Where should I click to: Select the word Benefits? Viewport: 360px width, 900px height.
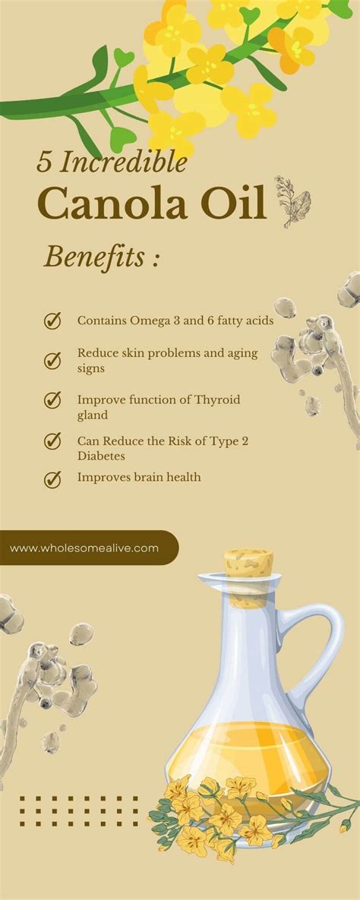pyautogui.click(x=94, y=257)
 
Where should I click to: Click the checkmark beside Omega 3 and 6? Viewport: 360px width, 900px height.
pyautogui.click(x=52, y=321)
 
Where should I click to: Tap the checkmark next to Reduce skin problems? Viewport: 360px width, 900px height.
pyautogui.click(x=52, y=360)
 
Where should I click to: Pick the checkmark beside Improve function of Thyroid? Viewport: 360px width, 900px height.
pyautogui.click(x=52, y=399)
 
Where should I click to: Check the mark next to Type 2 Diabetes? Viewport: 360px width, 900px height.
pyautogui.click(x=52, y=440)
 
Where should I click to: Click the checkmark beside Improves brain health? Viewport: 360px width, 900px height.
pyautogui.click(x=52, y=479)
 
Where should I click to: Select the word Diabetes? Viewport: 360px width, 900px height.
pyautogui.click(x=101, y=456)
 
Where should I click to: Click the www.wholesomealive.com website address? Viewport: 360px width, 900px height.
pyautogui.click(x=84, y=548)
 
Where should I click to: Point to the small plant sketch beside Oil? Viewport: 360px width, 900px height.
pyautogui.click(x=292, y=201)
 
